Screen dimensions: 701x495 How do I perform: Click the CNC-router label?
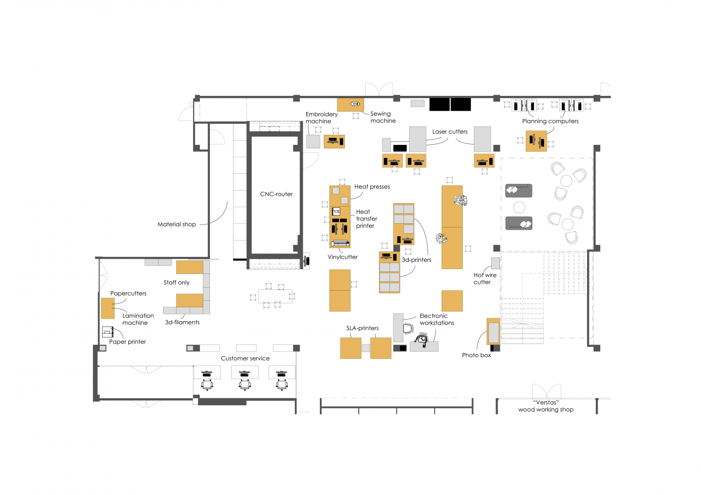point(276,194)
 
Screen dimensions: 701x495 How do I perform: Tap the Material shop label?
point(177,224)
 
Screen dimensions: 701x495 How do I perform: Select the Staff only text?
point(177,282)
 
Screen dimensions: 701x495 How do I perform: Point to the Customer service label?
point(245,358)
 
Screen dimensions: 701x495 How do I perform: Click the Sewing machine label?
point(383,117)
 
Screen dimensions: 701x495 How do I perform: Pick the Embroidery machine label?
point(322,118)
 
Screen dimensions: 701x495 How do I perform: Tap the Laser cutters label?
point(450,132)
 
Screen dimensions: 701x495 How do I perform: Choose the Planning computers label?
point(550,121)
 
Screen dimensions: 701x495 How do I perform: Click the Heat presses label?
point(372,187)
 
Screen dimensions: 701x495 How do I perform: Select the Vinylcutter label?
point(342,257)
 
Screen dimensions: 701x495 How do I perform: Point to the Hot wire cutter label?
point(485,278)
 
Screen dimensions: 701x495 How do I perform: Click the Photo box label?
point(476,355)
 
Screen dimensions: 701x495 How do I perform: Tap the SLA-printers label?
point(362,328)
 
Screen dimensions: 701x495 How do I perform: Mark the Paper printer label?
point(127,342)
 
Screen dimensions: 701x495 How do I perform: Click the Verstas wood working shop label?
point(546,406)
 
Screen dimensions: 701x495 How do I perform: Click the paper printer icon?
point(108,332)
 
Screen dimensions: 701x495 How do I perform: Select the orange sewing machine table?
point(350,105)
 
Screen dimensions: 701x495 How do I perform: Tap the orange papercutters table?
point(108,308)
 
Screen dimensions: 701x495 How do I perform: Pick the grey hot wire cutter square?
point(496,263)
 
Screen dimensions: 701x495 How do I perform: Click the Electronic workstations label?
point(436,319)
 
